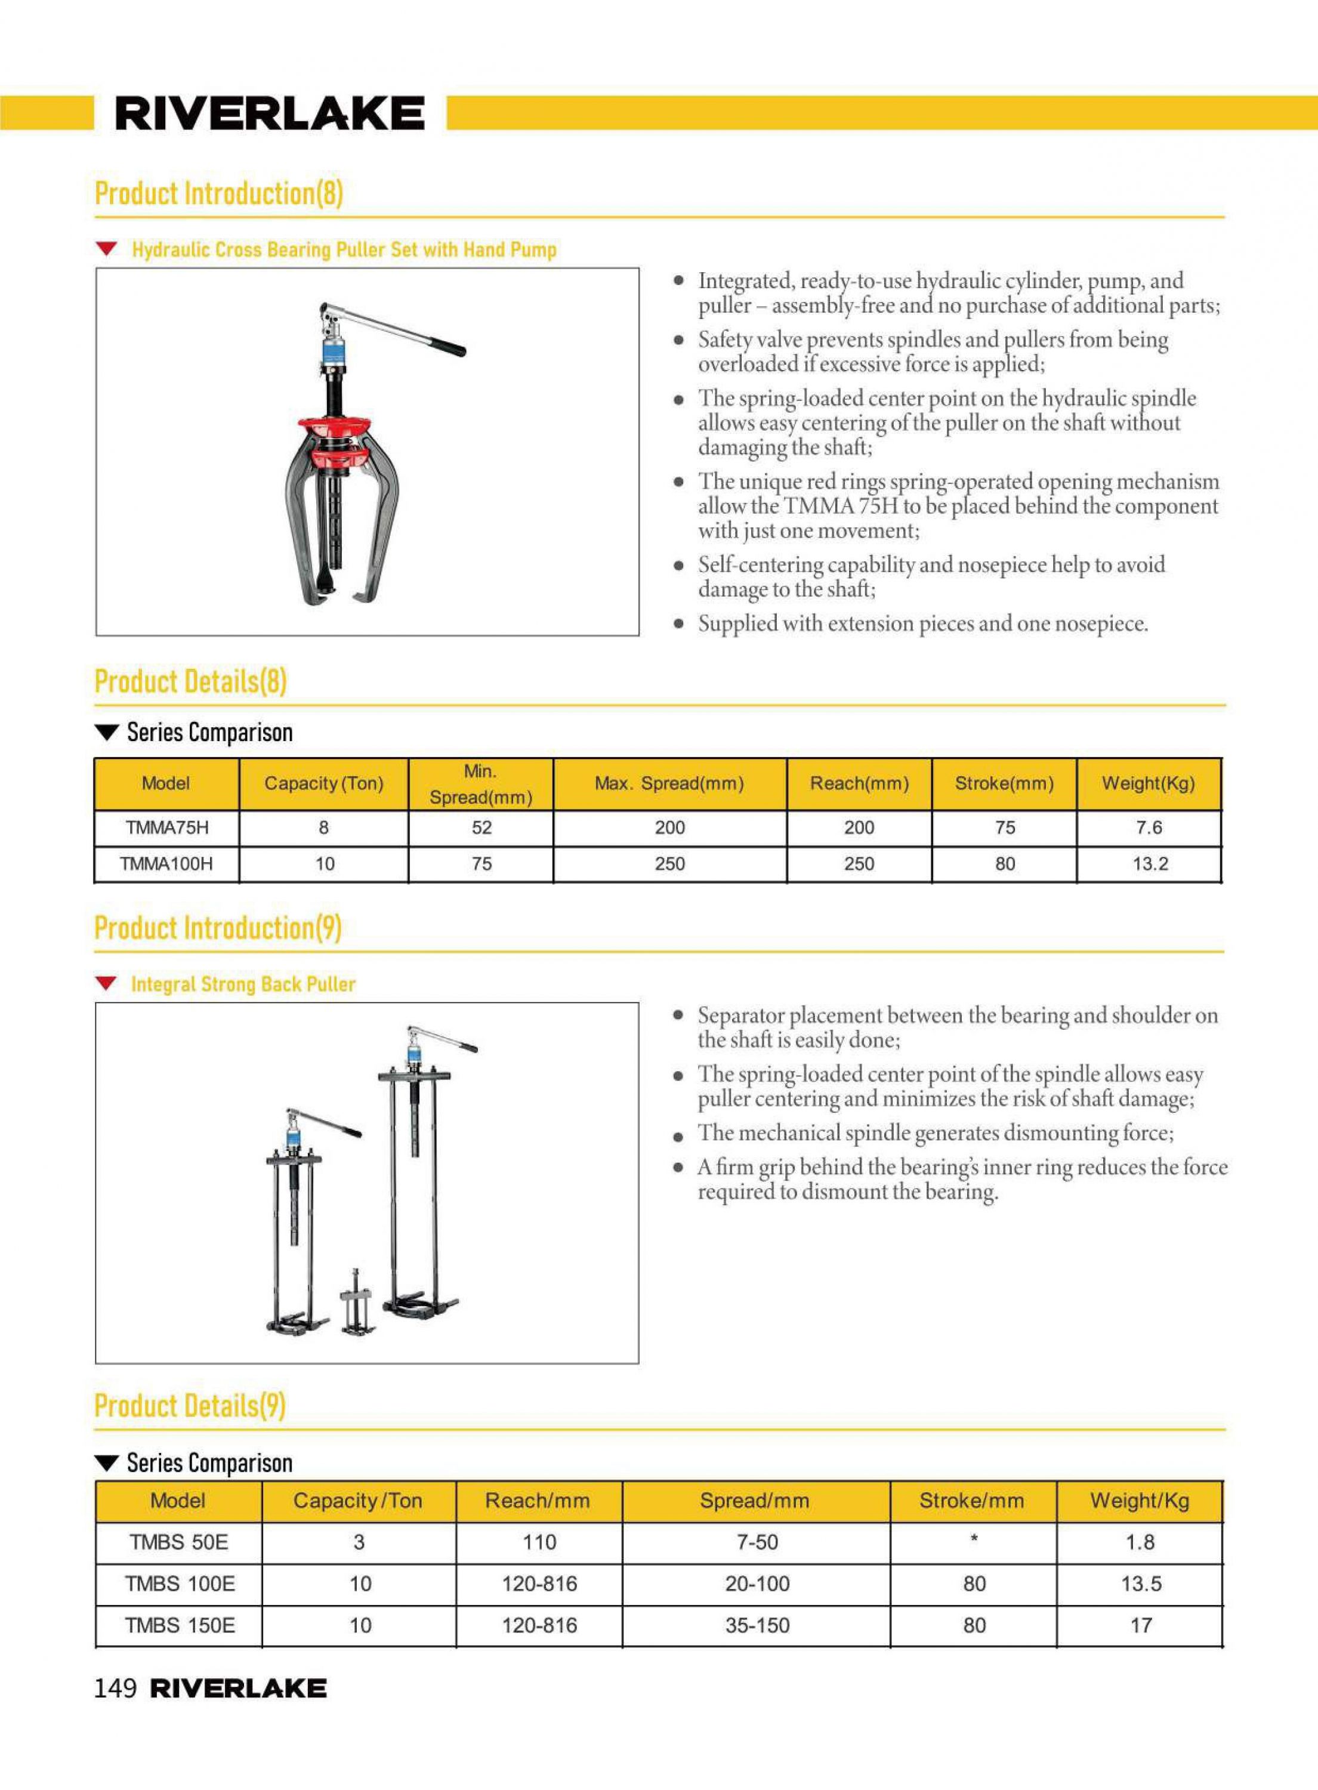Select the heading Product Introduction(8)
pos(218,194)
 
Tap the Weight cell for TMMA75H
pos(1149,828)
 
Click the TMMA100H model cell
pos(166,864)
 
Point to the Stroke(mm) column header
pos(1004,783)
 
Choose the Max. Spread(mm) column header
pos(669,783)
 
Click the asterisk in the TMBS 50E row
pos(973,1541)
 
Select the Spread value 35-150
pos(757,1625)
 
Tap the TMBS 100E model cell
pos(180,1584)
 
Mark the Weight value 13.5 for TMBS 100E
pos(1140,1584)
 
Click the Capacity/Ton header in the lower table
pos(357,1501)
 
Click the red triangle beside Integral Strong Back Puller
pos(106,983)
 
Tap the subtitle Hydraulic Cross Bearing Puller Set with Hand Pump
pos(344,249)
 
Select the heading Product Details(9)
pos(190,1406)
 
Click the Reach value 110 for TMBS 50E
pos(539,1542)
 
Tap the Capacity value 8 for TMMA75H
pos(323,828)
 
